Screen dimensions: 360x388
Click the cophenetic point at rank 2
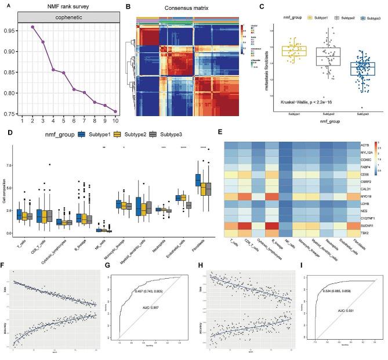[32, 27]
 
